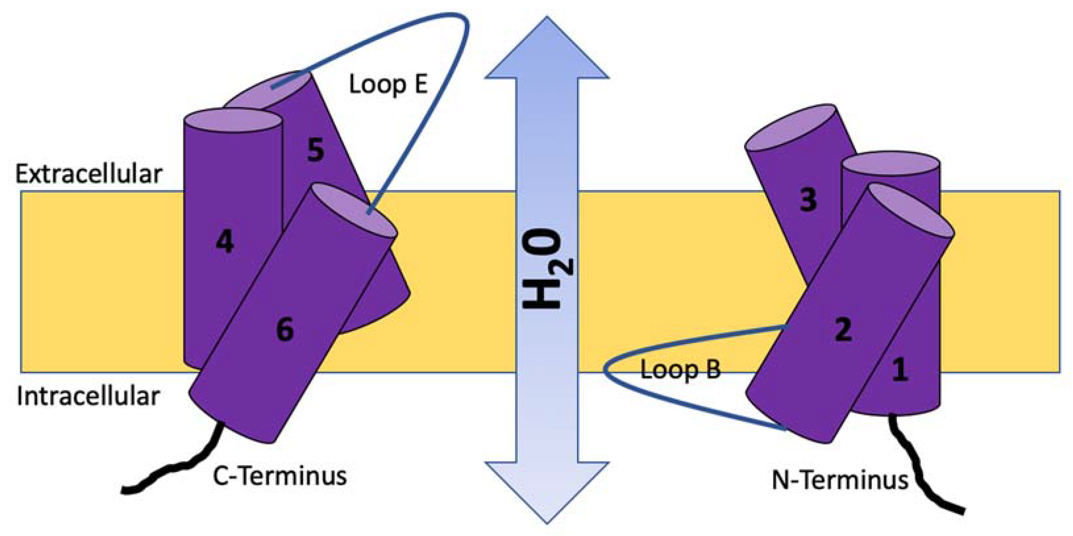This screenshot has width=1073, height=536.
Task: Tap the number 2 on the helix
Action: click(x=843, y=329)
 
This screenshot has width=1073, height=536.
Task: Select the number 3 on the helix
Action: click(x=808, y=199)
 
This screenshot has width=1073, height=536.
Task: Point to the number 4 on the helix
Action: click(x=225, y=242)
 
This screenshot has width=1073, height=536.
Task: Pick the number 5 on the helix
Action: click(x=315, y=150)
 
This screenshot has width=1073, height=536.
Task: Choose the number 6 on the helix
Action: click(x=285, y=329)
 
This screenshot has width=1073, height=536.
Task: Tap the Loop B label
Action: click(x=680, y=370)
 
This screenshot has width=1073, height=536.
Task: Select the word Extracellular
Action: click(x=88, y=174)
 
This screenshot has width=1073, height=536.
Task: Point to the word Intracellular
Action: click(x=88, y=396)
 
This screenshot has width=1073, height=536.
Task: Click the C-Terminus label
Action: click(x=279, y=476)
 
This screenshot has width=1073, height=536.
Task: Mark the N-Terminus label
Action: click(x=840, y=480)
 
